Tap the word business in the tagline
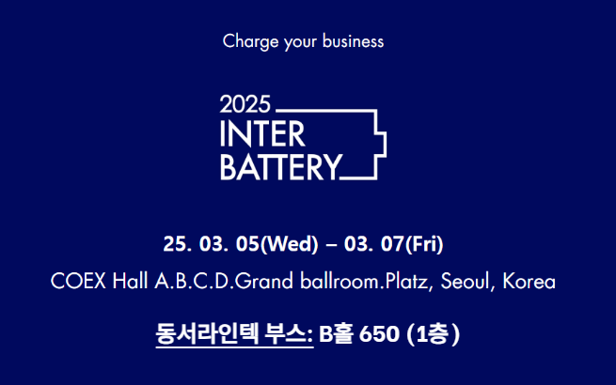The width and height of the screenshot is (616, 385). click(x=353, y=40)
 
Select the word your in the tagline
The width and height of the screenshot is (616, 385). click(x=301, y=43)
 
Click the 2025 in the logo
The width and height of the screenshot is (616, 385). click(x=245, y=104)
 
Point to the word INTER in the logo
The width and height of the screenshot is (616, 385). click(x=262, y=134)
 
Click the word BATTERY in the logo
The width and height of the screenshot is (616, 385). click(x=281, y=167)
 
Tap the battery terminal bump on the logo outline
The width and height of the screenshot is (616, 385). click(x=382, y=146)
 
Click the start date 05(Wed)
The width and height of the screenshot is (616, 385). click(x=276, y=244)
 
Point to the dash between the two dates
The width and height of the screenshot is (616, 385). click(x=331, y=245)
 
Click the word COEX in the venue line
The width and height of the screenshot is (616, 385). click(x=79, y=281)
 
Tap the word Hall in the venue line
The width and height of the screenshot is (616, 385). click(x=130, y=281)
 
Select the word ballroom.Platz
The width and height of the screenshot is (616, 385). click(x=365, y=281)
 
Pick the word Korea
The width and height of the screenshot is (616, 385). click(x=529, y=281)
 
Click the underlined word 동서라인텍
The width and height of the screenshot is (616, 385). click(x=207, y=334)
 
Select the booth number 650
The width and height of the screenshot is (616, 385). click(x=379, y=334)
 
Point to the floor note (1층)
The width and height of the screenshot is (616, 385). click(x=433, y=334)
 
